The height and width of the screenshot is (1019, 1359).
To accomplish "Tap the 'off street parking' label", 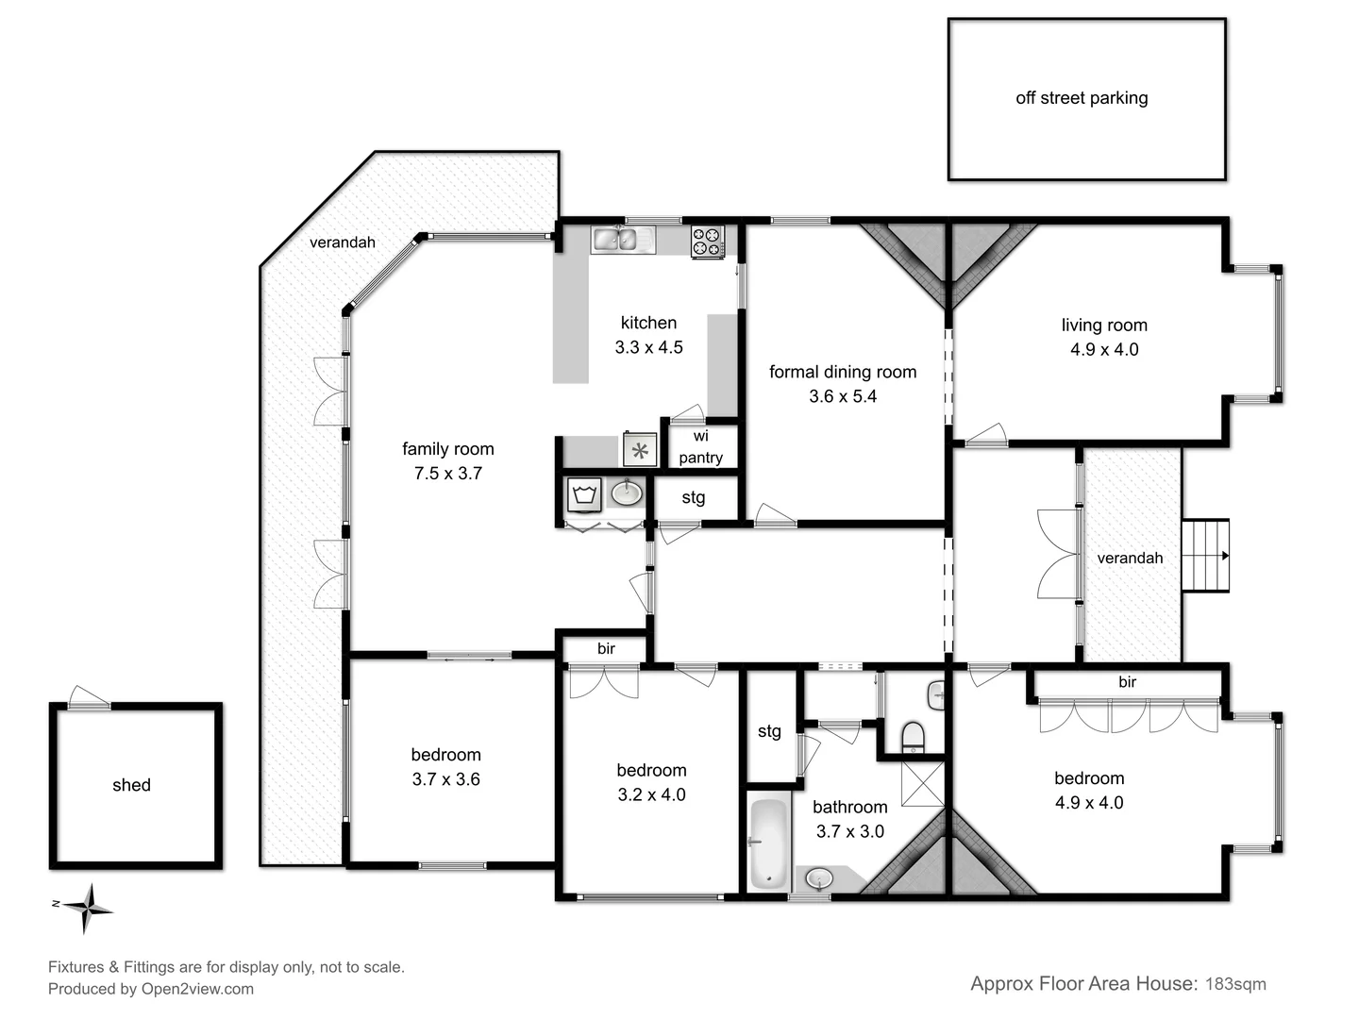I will click(1082, 98).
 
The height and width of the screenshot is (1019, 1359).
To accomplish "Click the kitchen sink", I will click(623, 240).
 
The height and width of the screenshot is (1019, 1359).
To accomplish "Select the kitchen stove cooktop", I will click(707, 242).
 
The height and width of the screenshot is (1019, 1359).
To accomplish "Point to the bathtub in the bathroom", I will click(768, 844).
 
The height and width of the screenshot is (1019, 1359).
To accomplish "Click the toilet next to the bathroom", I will click(913, 735).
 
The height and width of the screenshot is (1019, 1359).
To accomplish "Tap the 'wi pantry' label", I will click(700, 447).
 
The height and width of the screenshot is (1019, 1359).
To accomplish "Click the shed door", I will click(90, 697).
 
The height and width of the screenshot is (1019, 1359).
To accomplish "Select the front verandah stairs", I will click(1205, 556).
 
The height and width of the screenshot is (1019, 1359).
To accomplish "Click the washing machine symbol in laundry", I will click(585, 493).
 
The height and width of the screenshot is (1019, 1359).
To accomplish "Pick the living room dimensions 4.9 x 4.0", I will click(1104, 350).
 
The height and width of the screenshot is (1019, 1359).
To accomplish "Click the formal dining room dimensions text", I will click(843, 397).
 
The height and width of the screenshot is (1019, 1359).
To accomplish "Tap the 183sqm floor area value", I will click(1235, 984).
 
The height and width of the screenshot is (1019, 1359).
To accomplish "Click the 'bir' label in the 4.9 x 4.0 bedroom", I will click(1127, 682).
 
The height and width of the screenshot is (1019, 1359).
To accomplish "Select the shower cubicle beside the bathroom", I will click(922, 783).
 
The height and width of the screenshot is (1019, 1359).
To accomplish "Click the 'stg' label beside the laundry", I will click(694, 497).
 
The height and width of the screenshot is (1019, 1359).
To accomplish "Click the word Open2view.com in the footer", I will click(197, 989).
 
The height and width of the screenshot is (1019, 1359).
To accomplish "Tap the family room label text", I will click(448, 449).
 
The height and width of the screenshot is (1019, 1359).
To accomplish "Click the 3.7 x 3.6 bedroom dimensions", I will click(445, 779).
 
